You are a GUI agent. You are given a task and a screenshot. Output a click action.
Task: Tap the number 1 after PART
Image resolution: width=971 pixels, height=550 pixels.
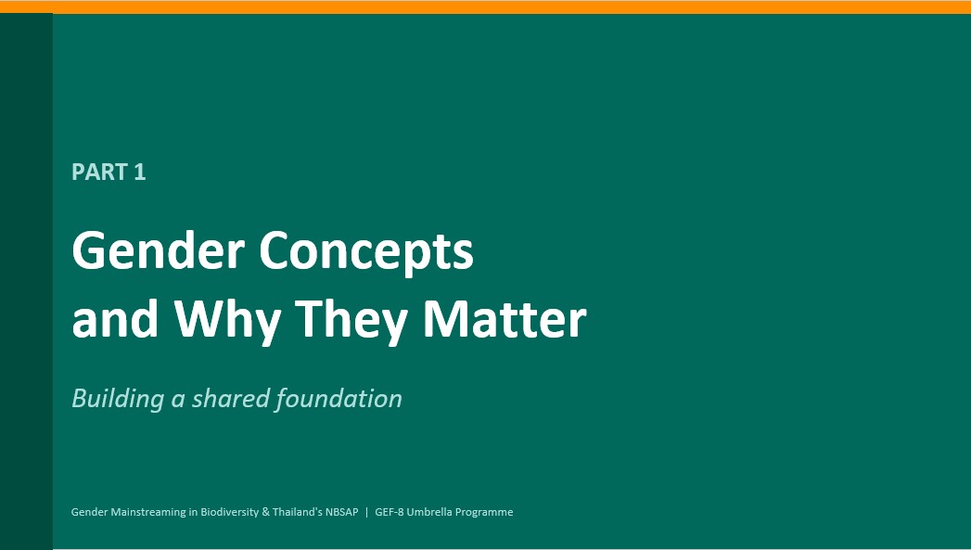[x=140, y=173]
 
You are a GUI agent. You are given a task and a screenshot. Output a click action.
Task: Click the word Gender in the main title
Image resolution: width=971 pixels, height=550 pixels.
[x=159, y=250]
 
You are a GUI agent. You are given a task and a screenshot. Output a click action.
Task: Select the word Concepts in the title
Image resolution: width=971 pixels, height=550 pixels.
[x=366, y=252]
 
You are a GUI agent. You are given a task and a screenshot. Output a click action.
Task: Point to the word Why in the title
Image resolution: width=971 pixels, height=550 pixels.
[x=227, y=320]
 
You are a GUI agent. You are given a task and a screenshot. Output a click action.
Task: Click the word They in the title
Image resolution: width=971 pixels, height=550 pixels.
[x=351, y=320]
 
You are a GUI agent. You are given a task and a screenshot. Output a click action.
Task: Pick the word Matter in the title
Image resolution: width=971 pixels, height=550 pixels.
[x=505, y=319]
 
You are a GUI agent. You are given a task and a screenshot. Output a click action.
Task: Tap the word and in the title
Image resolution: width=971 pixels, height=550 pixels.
[x=115, y=319]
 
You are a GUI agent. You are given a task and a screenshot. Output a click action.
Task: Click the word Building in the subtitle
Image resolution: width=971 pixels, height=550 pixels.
[x=118, y=399]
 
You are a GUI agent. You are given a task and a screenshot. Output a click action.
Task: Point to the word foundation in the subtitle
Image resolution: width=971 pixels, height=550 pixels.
[x=339, y=398]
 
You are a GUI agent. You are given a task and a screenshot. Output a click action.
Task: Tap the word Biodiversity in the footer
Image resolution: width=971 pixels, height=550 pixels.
[x=230, y=512]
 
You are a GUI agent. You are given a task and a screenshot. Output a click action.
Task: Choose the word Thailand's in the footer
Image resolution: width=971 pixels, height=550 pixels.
[x=298, y=512]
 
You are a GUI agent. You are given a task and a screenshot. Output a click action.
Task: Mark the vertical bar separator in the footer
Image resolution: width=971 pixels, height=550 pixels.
[x=366, y=512]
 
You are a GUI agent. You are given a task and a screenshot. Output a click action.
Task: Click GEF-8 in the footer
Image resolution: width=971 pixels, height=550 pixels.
[x=390, y=512]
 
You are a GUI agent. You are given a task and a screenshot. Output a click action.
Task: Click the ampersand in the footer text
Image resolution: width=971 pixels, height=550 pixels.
[x=265, y=512]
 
